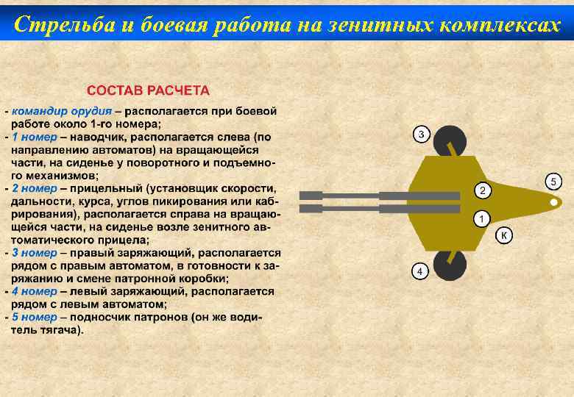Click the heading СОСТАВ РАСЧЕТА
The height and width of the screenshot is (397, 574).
(148, 90)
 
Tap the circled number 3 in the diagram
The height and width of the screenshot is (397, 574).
(421, 134)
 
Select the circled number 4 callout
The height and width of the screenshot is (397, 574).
(419, 271)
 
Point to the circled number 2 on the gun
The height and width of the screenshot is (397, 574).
(481, 191)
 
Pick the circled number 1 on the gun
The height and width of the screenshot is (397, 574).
(481, 219)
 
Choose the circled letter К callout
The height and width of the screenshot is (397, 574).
(504, 235)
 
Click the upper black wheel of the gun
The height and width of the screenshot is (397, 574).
(450, 140)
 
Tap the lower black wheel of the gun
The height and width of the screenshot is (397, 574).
(449, 265)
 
